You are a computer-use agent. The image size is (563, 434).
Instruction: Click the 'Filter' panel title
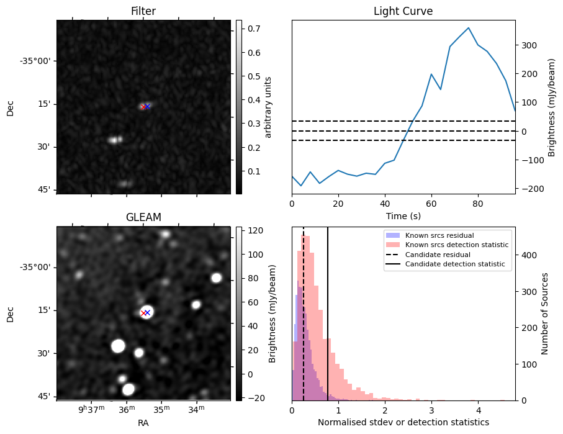(x=143, y=11)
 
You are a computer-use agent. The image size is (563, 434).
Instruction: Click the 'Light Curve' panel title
(x=403, y=11)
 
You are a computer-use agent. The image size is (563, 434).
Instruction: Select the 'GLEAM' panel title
(x=143, y=217)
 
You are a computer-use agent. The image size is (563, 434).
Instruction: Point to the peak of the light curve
(x=469, y=28)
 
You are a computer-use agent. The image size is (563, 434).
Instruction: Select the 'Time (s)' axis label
(x=403, y=215)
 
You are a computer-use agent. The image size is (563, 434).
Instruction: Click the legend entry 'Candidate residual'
(x=435, y=255)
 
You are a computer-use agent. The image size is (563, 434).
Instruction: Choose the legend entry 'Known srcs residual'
(x=439, y=235)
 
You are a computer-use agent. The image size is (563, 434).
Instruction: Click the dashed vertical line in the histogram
(x=304, y=323)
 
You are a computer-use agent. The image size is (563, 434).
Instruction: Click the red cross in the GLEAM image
(x=143, y=313)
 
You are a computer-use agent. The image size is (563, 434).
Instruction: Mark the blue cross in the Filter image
(x=148, y=106)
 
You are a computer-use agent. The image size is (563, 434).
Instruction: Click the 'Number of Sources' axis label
(x=545, y=313)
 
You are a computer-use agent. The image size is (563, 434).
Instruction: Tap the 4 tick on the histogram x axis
(x=478, y=410)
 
